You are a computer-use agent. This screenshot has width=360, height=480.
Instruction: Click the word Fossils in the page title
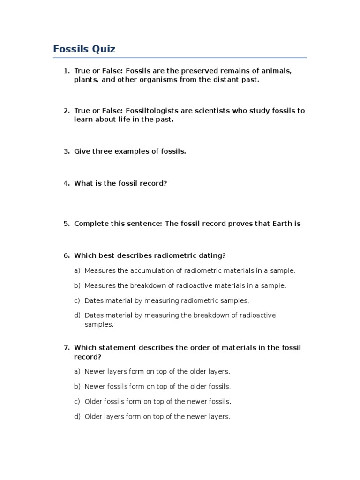pos(71,49)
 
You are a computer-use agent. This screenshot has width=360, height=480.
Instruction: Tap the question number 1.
pos(66,71)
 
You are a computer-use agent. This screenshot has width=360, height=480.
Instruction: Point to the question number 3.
pos(66,151)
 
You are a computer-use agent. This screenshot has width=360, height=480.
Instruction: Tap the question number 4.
pos(66,183)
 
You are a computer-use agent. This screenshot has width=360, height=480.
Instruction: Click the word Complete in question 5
pos(90,224)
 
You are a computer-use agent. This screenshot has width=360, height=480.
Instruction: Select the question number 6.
pos(66,255)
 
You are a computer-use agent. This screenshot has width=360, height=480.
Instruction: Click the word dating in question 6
pos(213,255)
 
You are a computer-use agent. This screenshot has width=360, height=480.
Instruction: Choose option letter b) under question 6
pos(77,285)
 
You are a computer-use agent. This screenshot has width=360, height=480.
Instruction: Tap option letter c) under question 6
pos(77,300)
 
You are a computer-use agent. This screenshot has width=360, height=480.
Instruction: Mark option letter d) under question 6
pos(77,315)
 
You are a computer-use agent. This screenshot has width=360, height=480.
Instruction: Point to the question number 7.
pos(66,347)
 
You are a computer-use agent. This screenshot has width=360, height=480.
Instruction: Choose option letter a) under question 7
pos(77,372)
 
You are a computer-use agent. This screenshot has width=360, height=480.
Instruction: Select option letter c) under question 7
pos(77,402)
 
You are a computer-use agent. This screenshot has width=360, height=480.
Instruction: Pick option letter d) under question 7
pos(77,417)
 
